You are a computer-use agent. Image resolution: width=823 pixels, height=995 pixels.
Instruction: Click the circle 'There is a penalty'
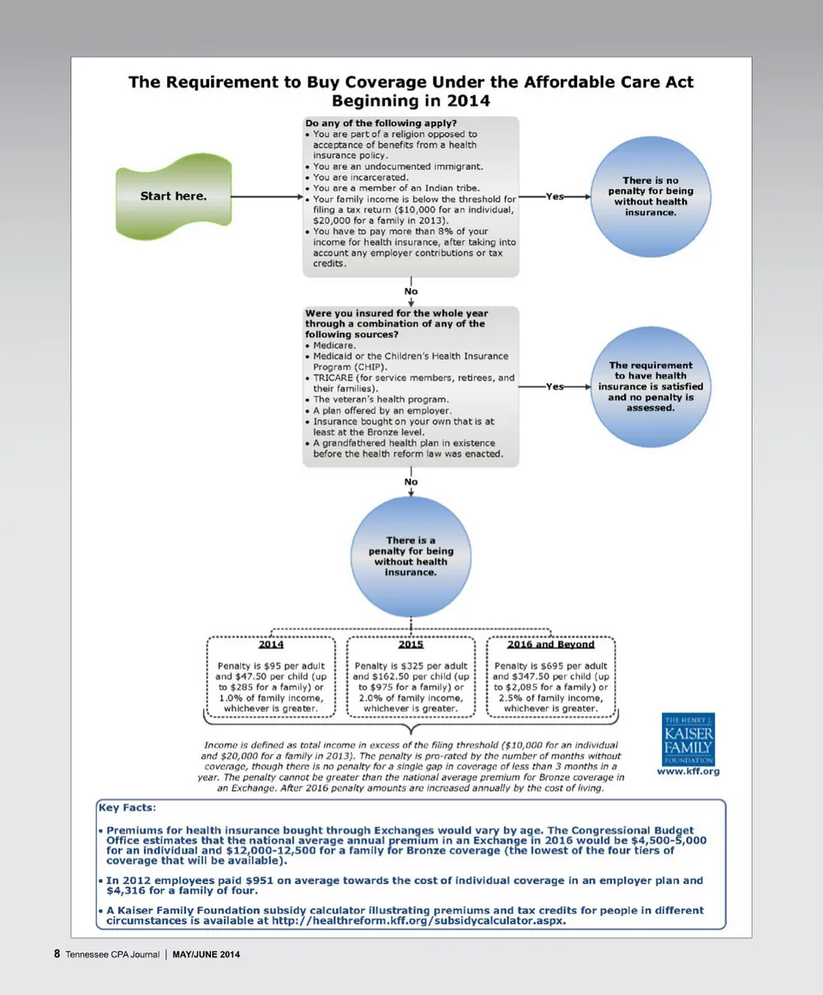411,556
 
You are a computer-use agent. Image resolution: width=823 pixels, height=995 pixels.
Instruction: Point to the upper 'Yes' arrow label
556,196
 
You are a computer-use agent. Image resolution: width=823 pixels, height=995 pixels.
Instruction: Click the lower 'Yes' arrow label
556,387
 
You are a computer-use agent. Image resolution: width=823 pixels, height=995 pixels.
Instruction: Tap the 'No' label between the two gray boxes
411,292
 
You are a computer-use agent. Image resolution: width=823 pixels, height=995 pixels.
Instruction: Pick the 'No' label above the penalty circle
411,482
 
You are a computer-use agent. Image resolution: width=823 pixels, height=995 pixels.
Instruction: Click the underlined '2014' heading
271,644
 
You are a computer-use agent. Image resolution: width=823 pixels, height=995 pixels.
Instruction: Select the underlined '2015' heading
411,644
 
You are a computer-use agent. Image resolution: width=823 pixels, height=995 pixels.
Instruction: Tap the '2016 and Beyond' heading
550,644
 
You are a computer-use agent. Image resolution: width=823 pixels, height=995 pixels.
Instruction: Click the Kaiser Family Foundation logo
688,739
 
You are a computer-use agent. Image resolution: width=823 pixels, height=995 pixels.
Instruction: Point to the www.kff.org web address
688,772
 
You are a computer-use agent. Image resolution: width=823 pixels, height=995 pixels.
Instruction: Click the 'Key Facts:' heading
128,807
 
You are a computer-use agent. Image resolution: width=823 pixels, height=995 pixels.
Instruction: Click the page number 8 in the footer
57,954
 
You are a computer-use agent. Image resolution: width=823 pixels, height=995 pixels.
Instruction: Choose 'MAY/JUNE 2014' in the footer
206,955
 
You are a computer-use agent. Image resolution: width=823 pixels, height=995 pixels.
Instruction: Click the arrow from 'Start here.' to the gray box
266,196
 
